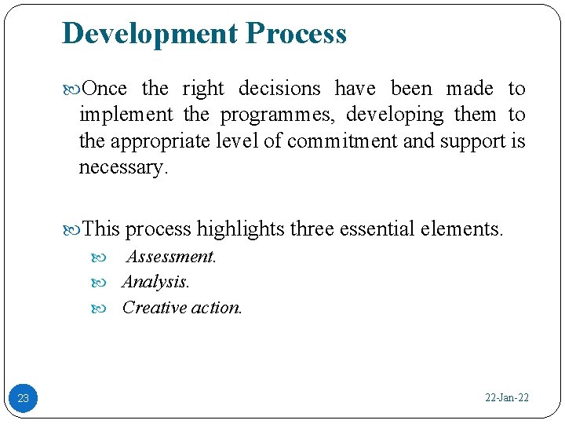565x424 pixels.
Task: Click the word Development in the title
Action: [150, 34]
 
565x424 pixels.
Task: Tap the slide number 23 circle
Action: [23, 398]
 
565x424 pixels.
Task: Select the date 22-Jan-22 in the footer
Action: [507, 398]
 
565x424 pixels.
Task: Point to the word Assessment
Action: [171, 257]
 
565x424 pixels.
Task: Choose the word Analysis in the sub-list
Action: [155, 282]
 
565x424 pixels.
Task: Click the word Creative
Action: [154, 308]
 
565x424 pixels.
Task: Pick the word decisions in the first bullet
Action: [279, 89]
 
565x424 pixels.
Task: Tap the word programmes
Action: [278, 115]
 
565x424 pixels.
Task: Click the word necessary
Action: [122, 167]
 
